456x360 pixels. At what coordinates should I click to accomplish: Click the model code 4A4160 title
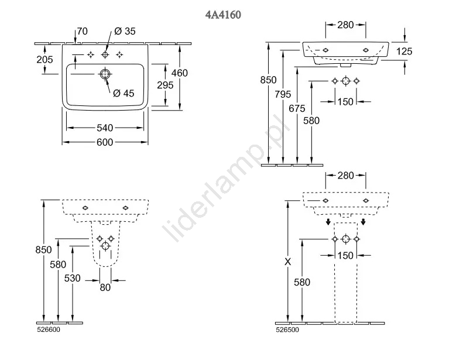(x=223, y=15)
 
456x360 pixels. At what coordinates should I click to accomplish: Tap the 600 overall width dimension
(x=105, y=142)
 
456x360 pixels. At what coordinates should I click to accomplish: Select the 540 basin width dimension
(x=105, y=128)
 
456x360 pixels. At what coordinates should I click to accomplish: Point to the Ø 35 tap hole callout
(x=125, y=31)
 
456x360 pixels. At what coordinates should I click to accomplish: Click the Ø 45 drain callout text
(x=124, y=93)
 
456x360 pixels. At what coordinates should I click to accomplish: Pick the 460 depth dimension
(x=180, y=73)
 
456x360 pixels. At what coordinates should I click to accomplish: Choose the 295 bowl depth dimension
(x=165, y=85)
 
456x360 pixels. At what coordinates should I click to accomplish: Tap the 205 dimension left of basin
(x=45, y=59)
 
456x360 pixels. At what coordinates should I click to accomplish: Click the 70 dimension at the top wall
(x=83, y=31)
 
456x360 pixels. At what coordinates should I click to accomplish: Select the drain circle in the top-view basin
(x=105, y=74)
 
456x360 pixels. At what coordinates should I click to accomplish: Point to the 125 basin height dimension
(x=404, y=52)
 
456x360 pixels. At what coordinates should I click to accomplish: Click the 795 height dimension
(x=283, y=94)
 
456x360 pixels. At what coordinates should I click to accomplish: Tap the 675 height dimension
(x=297, y=108)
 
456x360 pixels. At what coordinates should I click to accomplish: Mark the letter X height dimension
(x=287, y=262)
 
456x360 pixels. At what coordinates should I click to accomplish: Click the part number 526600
(x=49, y=330)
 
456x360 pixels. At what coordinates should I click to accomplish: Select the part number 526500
(x=287, y=330)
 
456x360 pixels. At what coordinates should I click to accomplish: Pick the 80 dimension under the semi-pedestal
(x=105, y=287)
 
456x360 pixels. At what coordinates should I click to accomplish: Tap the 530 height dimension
(x=72, y=278)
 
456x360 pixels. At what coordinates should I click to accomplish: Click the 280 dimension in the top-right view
(x=345, y=25)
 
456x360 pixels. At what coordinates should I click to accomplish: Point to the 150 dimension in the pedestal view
(x=345, y=255)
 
